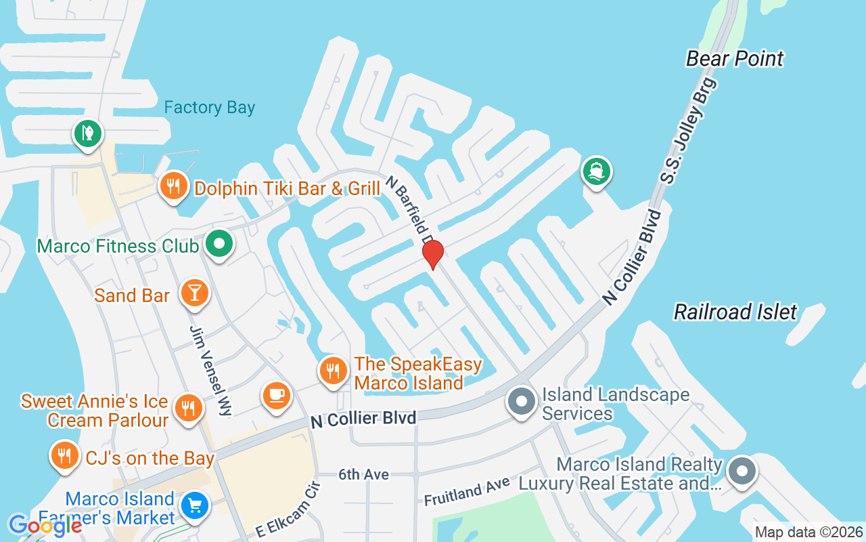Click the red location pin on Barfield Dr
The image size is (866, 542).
pyautogui.click(x=433, y=254)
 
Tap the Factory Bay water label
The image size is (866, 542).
pyautogui.click(x=210, y=108)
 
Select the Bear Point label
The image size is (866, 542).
pyautogui.click(x=734, y=59)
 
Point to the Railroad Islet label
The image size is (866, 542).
pyautogui.click(x=735, y=312)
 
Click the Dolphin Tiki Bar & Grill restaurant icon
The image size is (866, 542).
pyautogui.click(x=174, y=185)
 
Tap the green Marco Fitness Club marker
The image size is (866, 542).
pyautogui.click(x=219, y=244)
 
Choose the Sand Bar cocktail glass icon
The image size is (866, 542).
pyautogui.click(x=195, y=294)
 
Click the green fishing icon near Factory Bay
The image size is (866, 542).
pyautogui.click(x=87, y=132)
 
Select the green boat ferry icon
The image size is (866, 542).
pyautogui.click(x=596, y=171)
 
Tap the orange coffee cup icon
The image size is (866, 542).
pyautogui.click(x=276, y=396)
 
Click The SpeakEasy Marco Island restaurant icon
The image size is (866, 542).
pyautogui.click(x=332, y=371)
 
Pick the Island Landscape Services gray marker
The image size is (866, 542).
pyautogui.click(x=521, y=401)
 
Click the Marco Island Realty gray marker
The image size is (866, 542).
pyautogui.click(x=742, y=470)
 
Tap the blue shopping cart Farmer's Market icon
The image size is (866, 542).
pyautogui.click(x=195, y=505)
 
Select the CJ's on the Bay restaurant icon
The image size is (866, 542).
pyautogui.click(x=64, y=456)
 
